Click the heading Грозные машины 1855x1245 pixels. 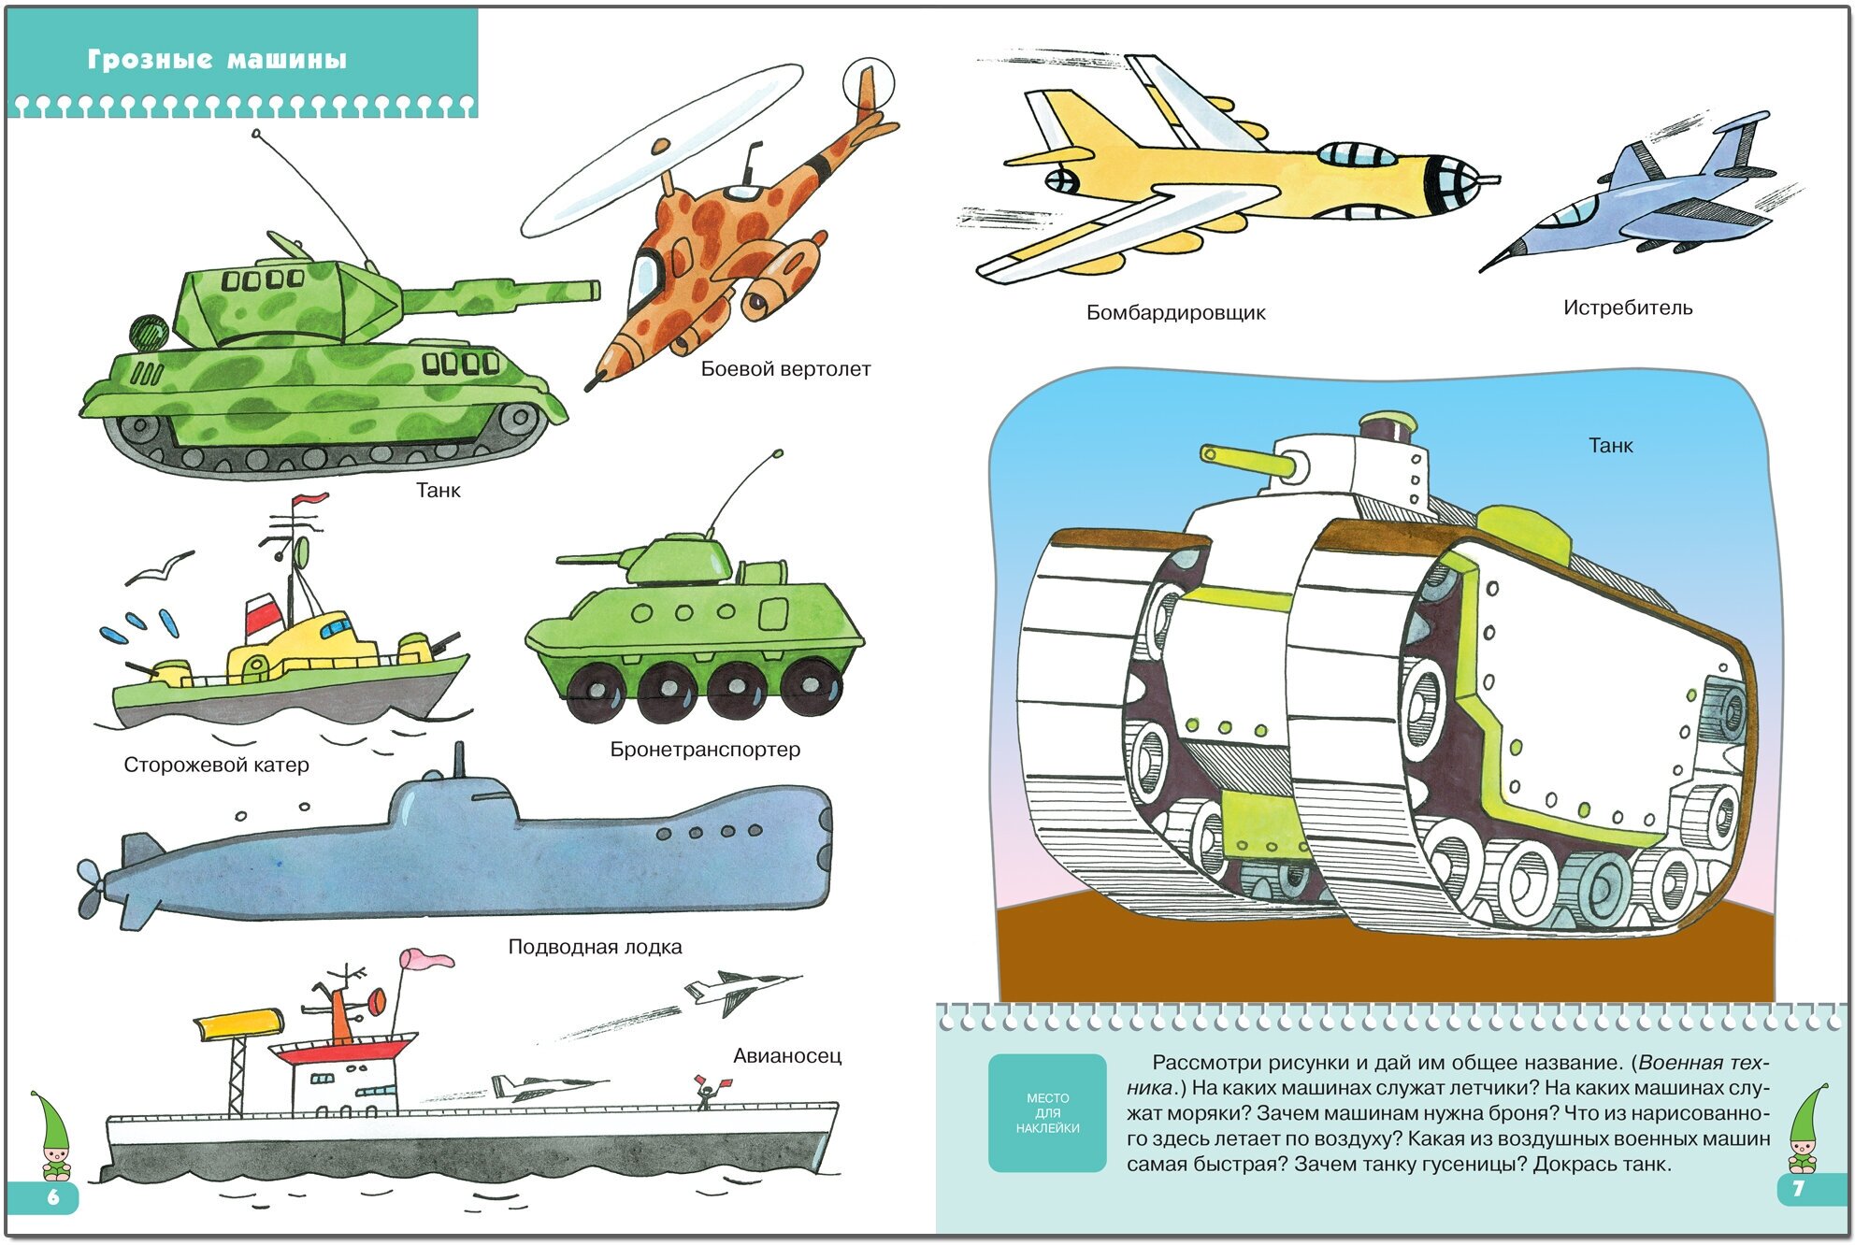click(x=217, y=60)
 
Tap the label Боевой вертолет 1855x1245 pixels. click(x=785, y=369)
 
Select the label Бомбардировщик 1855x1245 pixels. click(x=1175, y=313)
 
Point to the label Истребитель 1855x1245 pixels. click(x=1627, y=308)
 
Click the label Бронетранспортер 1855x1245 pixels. click(x=705, y=750)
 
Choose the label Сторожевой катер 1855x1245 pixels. click(x=216, y=765)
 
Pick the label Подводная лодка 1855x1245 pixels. click(x=595, y=947)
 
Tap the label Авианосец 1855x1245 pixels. click(x=786, y=1056)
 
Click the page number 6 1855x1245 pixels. click(x=52, y=1197)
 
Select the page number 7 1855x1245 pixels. click(x=1797, y=1189)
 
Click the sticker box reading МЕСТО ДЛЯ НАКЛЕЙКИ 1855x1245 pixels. click(x=1047, y=1113)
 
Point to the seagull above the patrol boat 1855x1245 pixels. click(x=160, y=566)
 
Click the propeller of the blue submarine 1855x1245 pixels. click(x=91, y=888)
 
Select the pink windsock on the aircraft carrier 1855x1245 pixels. click(x=427, y=959)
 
